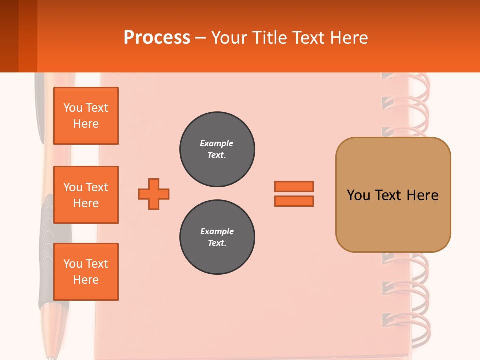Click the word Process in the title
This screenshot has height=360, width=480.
(x=157, y=38)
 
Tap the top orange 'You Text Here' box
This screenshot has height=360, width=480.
(x=86, y=116)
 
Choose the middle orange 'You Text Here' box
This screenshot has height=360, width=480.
(x=86, y=195)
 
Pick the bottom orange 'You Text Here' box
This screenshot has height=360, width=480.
(x=86, y=272)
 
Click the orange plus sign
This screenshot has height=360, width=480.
(x=154, y=194)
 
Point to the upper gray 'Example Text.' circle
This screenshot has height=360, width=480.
(x=217, y=149)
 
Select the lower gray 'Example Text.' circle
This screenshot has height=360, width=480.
(x=217, y=237)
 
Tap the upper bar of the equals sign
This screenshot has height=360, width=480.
(x=294, y=186)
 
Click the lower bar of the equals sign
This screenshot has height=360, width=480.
(x=294, y=201)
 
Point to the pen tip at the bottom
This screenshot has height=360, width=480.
(x=51, y=356)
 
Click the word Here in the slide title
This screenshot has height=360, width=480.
(x=349, y=38)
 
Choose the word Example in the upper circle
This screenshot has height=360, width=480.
(x=217, y=143)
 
